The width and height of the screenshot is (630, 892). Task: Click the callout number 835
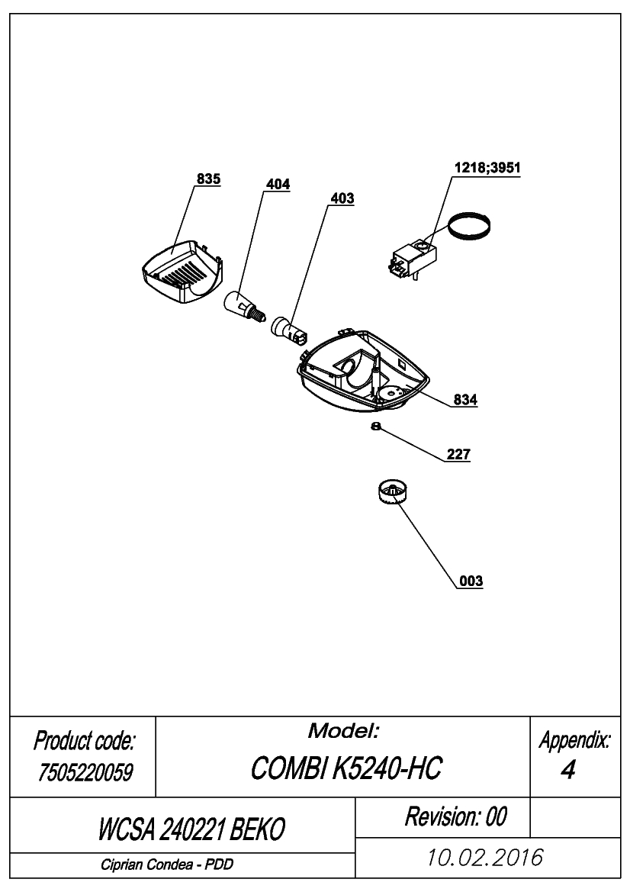208,179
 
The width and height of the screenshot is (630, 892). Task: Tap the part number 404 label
278,185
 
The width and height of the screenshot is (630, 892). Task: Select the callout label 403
342,198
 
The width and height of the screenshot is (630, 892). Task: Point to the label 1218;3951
487,168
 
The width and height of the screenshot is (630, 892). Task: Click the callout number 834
465,399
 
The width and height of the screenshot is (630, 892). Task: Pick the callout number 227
458,454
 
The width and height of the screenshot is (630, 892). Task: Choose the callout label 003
471,581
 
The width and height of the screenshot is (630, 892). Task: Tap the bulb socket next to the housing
289,331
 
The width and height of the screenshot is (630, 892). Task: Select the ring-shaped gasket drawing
469,226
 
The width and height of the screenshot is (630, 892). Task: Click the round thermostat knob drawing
392,491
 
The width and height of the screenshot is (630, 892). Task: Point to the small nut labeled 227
375,426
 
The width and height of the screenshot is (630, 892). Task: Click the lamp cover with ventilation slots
182,272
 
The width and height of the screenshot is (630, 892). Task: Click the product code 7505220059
85,772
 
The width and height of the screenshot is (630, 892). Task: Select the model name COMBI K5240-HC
346,768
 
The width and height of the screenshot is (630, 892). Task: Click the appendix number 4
567,770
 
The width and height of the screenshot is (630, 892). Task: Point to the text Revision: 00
455,817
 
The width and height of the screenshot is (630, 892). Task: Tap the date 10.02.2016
484,858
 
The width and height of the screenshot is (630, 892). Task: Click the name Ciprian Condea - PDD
167,865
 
